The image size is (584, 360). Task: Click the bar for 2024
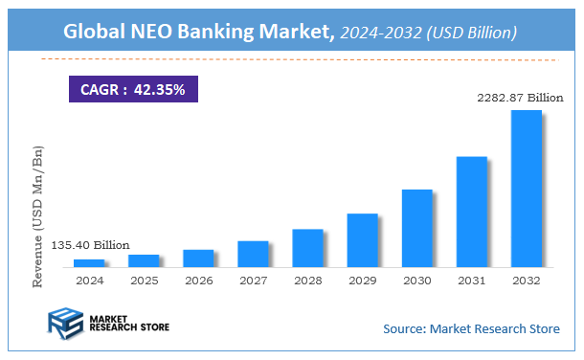pyautogui.click(x=89, y=262)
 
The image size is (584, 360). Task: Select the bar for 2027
pyautogui.click(x=253, y=254)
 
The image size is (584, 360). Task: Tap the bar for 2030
pyautogui.click(x=416, y=228)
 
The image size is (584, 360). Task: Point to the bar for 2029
pyautogui.click(x=362, y=239)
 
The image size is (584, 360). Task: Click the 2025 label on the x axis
pyautogui.click(x=144, y=281)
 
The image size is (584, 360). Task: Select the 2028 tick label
pyautogui.click(x=307, y=281)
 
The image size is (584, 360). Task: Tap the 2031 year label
pyautogui.click(x=471, y=281)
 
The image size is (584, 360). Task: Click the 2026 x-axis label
pyautogui.click(x=198, y=281)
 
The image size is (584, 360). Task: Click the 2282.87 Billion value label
pyautogui.click(x=517, y=98)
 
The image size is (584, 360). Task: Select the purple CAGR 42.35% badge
pyautogui.click(x=133, y=89)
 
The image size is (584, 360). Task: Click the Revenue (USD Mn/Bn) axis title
pyautogui.click(x=38, y=216)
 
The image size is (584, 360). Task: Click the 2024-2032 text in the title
pyautogui.click(x=380, y=34)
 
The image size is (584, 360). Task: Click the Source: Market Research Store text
pyautogui.click(x=471, y=329)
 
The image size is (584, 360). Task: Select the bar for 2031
pyautogui.click(x=471, y=212)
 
